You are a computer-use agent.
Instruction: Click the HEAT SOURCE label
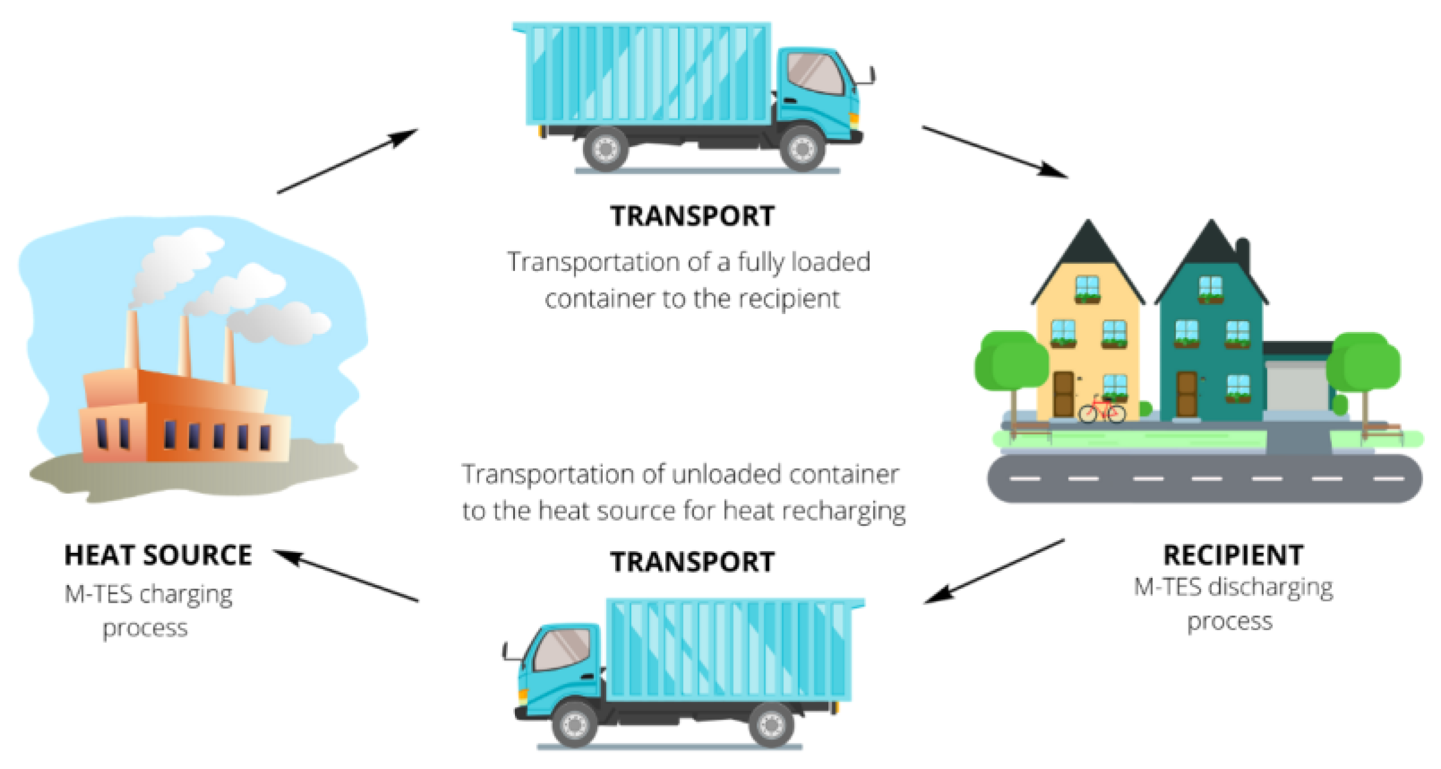pos(158,555)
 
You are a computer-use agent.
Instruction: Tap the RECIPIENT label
pos(1233,555)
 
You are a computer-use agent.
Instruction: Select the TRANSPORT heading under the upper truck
pos(692,216)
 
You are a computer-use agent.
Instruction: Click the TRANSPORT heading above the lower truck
pos(692,562)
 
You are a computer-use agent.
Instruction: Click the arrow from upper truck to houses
pos(994,152)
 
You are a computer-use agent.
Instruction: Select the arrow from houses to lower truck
pos(994,572)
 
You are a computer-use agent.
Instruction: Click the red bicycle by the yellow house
pos(1101,410)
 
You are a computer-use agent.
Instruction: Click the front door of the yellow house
pos(1063,394)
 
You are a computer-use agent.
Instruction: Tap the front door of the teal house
pos(1186,394)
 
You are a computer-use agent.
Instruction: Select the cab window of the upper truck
pos(815,74)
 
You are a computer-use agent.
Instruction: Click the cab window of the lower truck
pos(562,650)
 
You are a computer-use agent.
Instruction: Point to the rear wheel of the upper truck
pos(605,148)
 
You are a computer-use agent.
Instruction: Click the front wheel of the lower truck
pos(574,724)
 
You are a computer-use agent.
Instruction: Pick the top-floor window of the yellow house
pos(1087,288)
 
